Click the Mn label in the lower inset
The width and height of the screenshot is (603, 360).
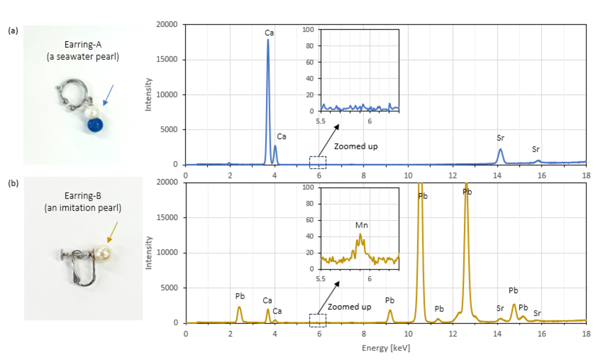point(361,225)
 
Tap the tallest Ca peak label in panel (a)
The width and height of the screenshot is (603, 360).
point(269,33)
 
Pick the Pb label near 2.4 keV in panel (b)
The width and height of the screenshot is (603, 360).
point(240,296)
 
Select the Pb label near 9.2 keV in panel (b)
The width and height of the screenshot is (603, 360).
point(390,300)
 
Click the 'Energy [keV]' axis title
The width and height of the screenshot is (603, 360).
point(385,347)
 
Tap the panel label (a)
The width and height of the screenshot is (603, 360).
point(14,31)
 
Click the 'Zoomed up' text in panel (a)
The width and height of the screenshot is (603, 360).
point(356,146)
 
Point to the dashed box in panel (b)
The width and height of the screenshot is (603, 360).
point(318,320)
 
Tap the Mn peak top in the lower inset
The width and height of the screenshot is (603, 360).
point(360,234)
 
